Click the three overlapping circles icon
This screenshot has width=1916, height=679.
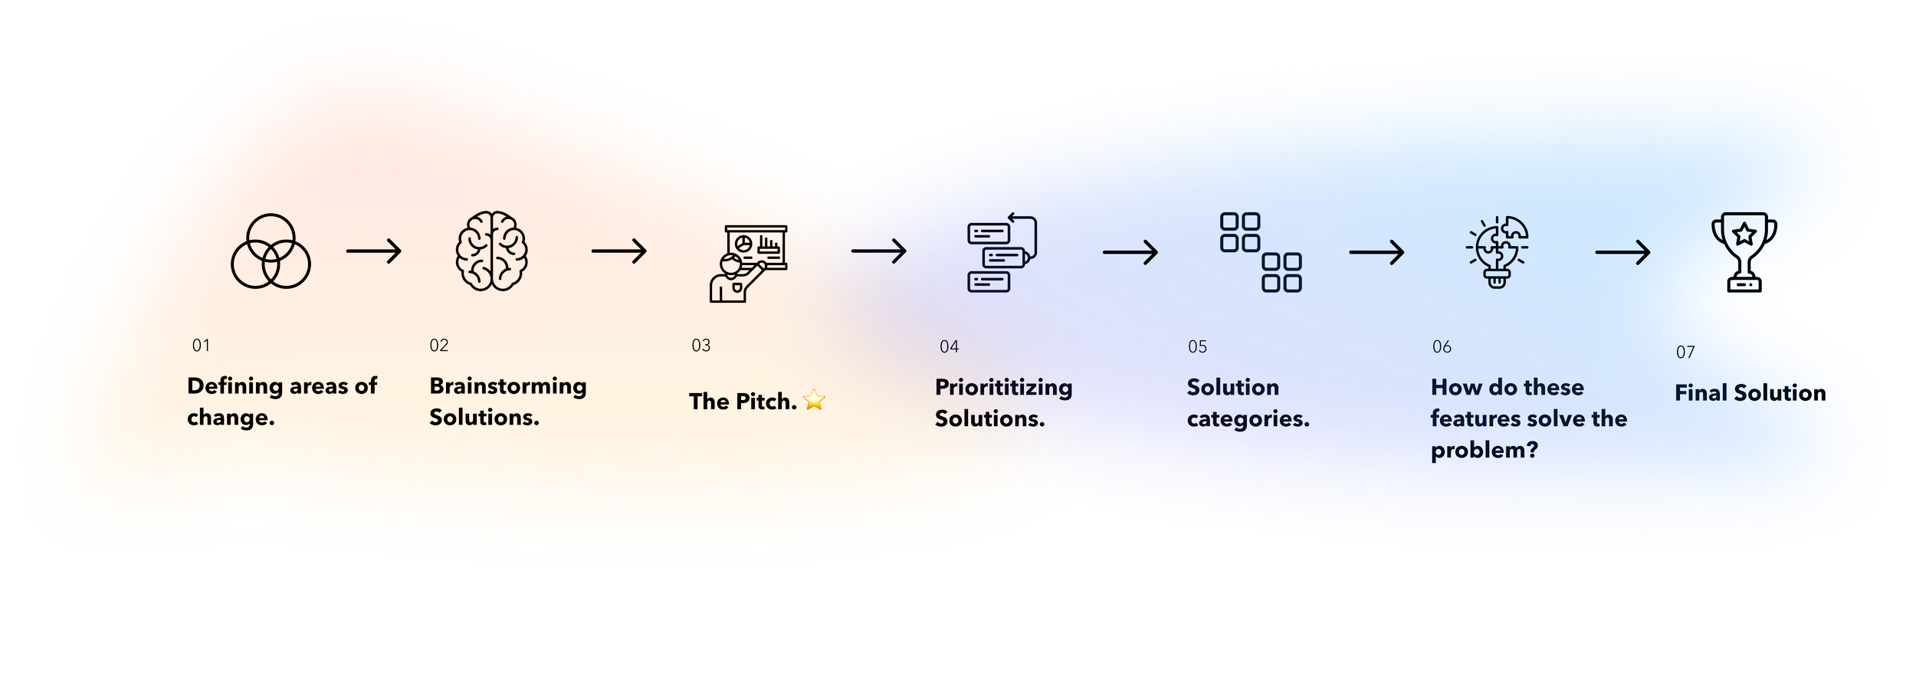tap(271, 251)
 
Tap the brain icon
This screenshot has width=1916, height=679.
tap(491, 251)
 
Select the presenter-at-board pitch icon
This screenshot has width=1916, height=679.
tap(747, 263)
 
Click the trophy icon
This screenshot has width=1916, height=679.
tap(1744, 252)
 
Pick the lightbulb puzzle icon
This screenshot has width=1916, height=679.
tap(1498, 252)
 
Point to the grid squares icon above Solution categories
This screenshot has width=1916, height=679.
tap(1261, 252)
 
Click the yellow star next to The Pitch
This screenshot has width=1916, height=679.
tap(814, 401)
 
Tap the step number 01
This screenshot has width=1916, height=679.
tap(201, 346)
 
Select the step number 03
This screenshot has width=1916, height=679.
tap(700, 346)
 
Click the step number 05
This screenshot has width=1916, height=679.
tap(1197, 347)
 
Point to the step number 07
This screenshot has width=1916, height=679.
tap(1685, 353)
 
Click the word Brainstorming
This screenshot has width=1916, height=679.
tap(507, 386)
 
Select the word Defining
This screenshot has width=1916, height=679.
tap(235, 386)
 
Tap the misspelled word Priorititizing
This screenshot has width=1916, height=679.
tap(1003, 388)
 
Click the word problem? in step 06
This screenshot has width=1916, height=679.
tap(1484, 450)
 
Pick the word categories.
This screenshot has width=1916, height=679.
tap(1248, 419)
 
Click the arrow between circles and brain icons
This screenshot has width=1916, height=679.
tap(374, 251)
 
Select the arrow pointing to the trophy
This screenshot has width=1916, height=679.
tap(1622, 252)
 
